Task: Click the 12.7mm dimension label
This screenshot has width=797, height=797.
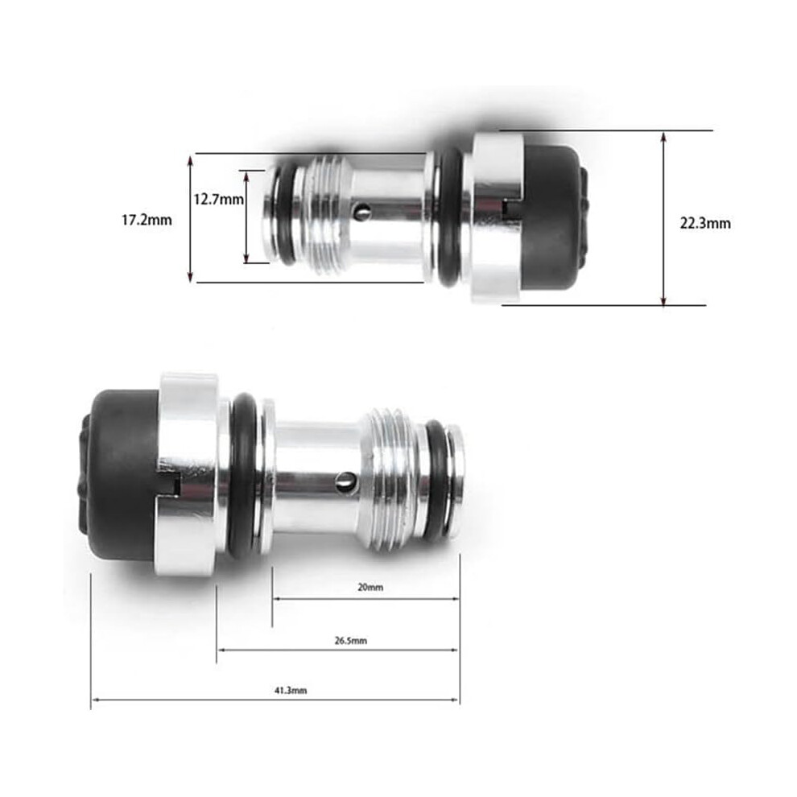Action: point(218,199)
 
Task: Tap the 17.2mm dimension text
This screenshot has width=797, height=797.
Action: point(147,221)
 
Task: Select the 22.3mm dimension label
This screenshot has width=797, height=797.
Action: point(705,223)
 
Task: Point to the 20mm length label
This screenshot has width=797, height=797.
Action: point(370,587)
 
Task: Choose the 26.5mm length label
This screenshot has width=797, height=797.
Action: point(351,641)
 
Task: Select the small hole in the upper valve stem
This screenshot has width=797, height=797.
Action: point(363,212)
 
